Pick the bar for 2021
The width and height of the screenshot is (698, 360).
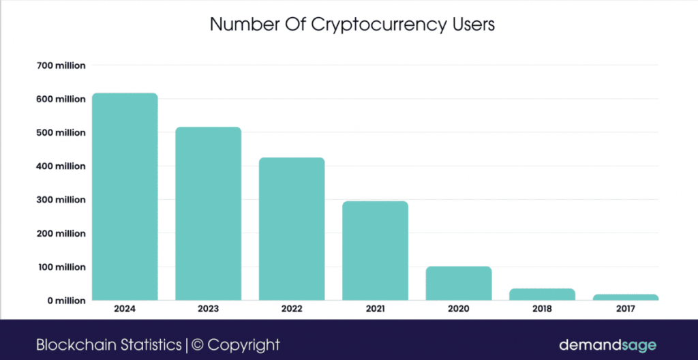tap(375, 250)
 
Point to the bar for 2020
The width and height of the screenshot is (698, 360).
tap(459, 283)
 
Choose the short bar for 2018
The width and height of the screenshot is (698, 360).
tap(542, 294)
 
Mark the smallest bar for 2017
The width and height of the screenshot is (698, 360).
tap(625, 297)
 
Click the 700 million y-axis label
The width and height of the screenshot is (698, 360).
tap(61, 65)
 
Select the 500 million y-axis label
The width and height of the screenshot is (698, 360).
tap(61, 132)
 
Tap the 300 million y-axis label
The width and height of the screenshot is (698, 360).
tap(61, 200)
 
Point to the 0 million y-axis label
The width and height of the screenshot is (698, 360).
tap(65, 300)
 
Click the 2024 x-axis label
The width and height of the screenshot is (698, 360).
tap(125, 309)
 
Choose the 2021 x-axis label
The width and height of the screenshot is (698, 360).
tap(375, 309)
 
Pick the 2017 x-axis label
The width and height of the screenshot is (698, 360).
tap(625, 309)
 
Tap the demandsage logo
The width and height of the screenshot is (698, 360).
tap(607, 344)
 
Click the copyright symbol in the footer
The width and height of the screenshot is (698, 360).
tap(197, 344)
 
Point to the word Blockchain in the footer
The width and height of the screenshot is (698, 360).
tap(70, 344)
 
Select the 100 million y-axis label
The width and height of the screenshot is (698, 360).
tap(61, 267)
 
